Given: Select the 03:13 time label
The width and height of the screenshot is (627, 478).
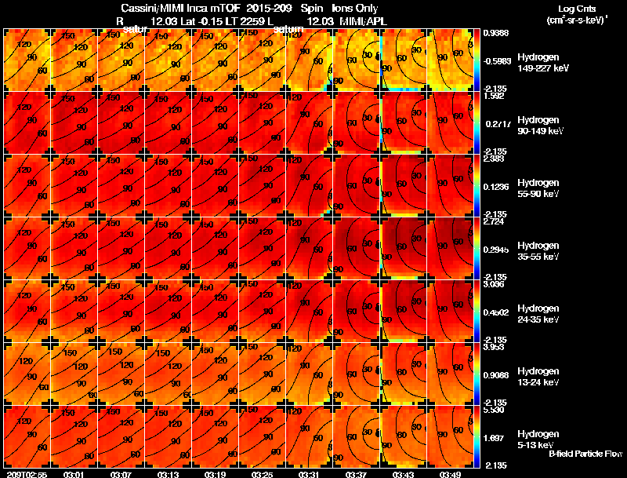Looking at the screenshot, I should coord(169,473).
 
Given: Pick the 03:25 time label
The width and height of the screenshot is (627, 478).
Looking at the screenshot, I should coord(262,473).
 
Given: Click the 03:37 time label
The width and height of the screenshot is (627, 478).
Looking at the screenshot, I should coord(357,473).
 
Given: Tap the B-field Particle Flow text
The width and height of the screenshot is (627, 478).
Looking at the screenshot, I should coord(585,454).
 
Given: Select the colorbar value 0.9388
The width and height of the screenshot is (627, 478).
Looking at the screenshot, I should coord(496,33).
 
